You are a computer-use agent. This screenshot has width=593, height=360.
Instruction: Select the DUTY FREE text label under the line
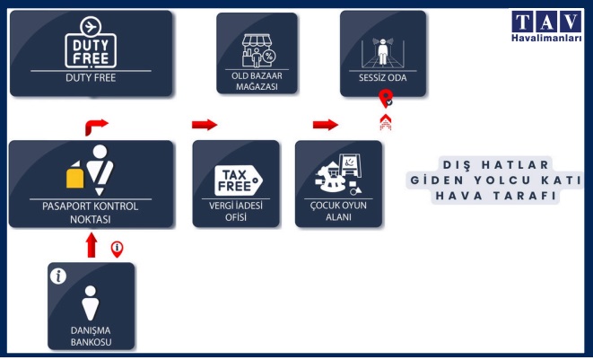[x=91, y=78]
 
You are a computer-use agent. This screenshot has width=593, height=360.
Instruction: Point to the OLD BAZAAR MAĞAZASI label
[x=257, y=81]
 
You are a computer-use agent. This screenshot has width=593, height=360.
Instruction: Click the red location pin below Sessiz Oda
[x=387, y=99]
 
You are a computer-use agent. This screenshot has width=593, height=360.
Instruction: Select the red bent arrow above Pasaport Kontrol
[x=95, y=124]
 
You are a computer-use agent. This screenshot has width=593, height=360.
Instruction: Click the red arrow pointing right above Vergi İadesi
[x=205, y=124]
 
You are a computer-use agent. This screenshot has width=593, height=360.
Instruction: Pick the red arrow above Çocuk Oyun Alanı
[x=326, y=124]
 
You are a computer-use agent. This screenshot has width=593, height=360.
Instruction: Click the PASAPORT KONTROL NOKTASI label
[x=91, y=212]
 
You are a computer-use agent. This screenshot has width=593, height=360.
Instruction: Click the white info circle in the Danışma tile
[x=60, y=277]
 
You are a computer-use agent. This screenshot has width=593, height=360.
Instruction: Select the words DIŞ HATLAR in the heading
[x=496, y=164]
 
